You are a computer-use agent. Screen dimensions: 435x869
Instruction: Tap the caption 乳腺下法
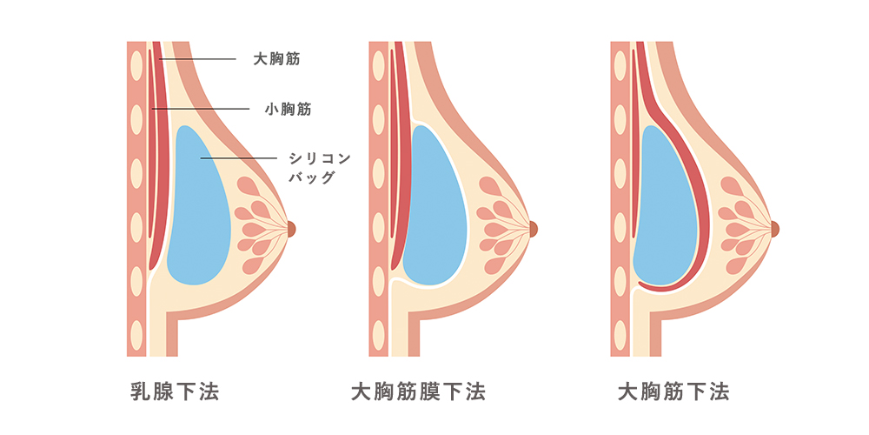tap(174, 391)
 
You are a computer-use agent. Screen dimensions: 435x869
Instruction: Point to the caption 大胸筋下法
tap(673, 391)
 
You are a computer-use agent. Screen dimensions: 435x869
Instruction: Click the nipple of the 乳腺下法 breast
tap(291, 229)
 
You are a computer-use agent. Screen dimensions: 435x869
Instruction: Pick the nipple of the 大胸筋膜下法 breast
tap(534, 229)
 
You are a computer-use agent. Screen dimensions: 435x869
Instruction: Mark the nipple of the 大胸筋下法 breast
tap(775, 229)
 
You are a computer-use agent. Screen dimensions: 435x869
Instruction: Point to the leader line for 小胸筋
tap(209, 109)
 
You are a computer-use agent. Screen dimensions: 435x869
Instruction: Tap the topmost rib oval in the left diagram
tap(136, 65)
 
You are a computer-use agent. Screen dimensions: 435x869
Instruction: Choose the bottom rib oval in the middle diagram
tap(378, 333)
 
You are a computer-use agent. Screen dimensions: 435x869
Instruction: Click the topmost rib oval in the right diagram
tap(620, 65)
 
